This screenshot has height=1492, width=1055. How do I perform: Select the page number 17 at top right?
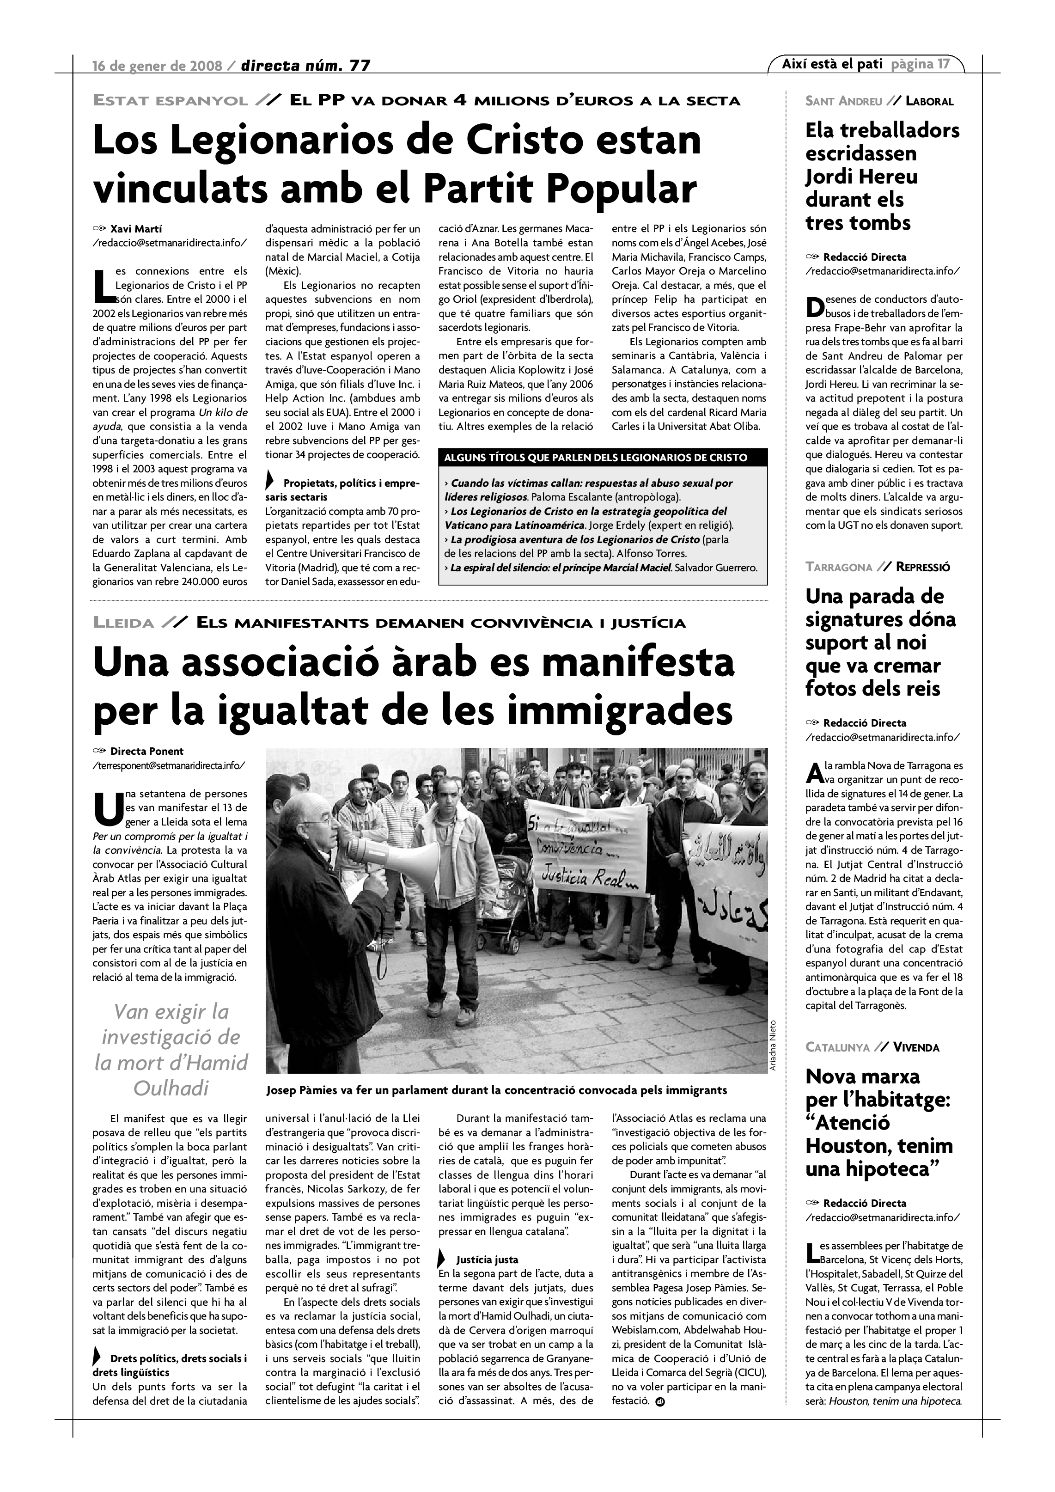coord(943,64)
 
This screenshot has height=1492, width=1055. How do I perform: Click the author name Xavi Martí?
coord(136,229)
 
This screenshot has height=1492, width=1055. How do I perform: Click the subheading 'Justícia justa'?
coord(487,1260)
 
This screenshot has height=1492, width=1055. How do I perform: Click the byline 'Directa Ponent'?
coord(147,751)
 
